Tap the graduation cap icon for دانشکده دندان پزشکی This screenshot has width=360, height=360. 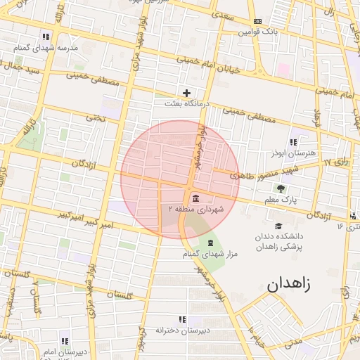[278, 226]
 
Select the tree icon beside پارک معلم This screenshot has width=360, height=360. [281, 188]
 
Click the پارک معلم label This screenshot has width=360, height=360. [281, 200]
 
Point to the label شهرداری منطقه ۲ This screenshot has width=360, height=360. [195, 210]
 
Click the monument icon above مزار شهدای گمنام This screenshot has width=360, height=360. [210, 243]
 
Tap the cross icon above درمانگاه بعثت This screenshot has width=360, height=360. [186, 93]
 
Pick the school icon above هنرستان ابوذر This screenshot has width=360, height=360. [293, 142]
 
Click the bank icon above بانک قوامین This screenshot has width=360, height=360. [257, 22]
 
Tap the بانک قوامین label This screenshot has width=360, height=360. [258, 32]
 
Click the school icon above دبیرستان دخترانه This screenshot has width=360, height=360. [183, 319]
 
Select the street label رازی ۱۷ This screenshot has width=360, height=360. [336, 162]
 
